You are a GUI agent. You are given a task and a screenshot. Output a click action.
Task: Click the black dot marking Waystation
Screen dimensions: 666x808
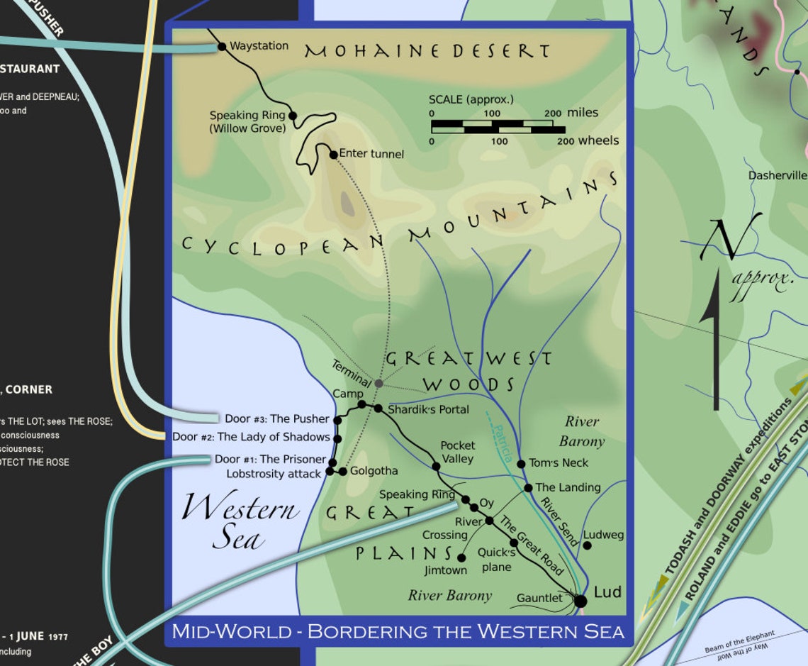tap(222, 47)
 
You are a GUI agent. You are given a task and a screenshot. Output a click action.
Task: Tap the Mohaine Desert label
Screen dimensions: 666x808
tap(427, 51)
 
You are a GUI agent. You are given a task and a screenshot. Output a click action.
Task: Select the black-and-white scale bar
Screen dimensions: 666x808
tap(498, 127)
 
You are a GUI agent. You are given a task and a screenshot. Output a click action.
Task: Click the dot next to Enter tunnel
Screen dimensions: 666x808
tap(333, 154)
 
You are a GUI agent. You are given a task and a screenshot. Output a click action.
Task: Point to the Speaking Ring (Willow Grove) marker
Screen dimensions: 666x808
tap(291, 115)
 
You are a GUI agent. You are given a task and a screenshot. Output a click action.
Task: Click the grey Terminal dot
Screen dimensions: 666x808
tap(378, 383)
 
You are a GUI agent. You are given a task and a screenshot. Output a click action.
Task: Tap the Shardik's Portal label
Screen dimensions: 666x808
tap(428, 409)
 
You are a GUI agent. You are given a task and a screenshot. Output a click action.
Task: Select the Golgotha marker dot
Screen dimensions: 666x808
tap(342, 471)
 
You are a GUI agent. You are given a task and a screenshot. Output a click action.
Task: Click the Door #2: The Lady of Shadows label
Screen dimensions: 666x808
tap(251, 437)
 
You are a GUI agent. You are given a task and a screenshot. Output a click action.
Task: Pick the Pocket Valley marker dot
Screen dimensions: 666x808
tap(436, 466)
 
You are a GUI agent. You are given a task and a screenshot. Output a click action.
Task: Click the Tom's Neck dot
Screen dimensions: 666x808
tap(521, 464)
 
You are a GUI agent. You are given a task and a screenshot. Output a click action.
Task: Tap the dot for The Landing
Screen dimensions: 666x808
tap(528, 488)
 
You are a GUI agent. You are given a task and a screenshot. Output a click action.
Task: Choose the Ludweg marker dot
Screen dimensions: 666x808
tap(587, 545)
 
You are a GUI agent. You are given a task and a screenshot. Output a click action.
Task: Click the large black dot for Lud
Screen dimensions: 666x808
tap(580, 601)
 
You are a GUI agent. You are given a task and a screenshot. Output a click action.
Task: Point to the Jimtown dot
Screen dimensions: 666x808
tap(461, 558)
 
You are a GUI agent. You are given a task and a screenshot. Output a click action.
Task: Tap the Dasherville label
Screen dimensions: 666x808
tap(778, 175)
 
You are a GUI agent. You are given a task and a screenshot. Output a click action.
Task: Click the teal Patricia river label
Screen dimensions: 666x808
tap(503, 444)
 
